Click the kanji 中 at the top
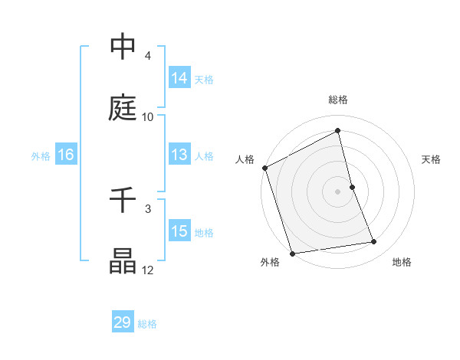click(123, 47)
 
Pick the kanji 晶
click(123, 261)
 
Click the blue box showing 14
click(179, 78)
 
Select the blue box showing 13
click(179, 155)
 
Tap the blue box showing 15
click(179, 231)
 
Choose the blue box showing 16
click(66, 155)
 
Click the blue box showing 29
click(123, 322)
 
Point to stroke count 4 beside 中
click(148, 56)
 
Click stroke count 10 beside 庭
click(148, 116)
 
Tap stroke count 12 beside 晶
click(148, 270)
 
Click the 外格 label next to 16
click(41, 155)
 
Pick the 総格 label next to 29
click(147, 324)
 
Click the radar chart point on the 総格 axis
click(338, 131)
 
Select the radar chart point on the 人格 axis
click(265, 168)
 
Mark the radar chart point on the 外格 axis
click(292, 253)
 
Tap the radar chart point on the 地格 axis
click(374, 242)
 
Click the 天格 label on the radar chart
click(432, 159)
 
